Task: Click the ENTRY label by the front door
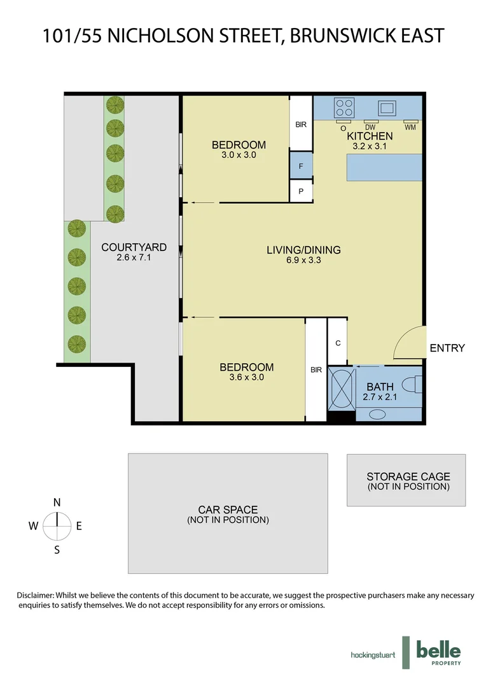click(447, 348)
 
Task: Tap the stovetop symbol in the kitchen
click(344, 105)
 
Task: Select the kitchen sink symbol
click(386, 106)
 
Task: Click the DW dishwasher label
click(370, 127)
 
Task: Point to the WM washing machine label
click(410, 127)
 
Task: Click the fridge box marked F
click(301, 167)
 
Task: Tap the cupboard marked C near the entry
click(338, 343)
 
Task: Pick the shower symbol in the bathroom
click(340, 388)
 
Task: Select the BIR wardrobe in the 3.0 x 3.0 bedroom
click(301, 124)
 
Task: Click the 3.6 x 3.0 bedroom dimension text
click(246, 377)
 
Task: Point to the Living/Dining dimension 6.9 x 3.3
click(303, 260)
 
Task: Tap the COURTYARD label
click(134, 247)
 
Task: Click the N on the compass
click(57, 502)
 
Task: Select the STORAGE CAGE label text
click(408, 477)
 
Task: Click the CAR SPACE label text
click(228, 510)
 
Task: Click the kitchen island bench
click(384, 168)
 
